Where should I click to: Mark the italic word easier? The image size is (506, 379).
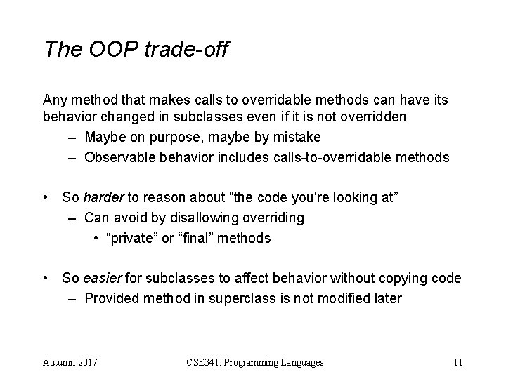pos(104,279)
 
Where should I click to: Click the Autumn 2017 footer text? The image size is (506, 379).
pos(70,362)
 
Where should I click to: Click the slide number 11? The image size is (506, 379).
pos(458,362)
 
